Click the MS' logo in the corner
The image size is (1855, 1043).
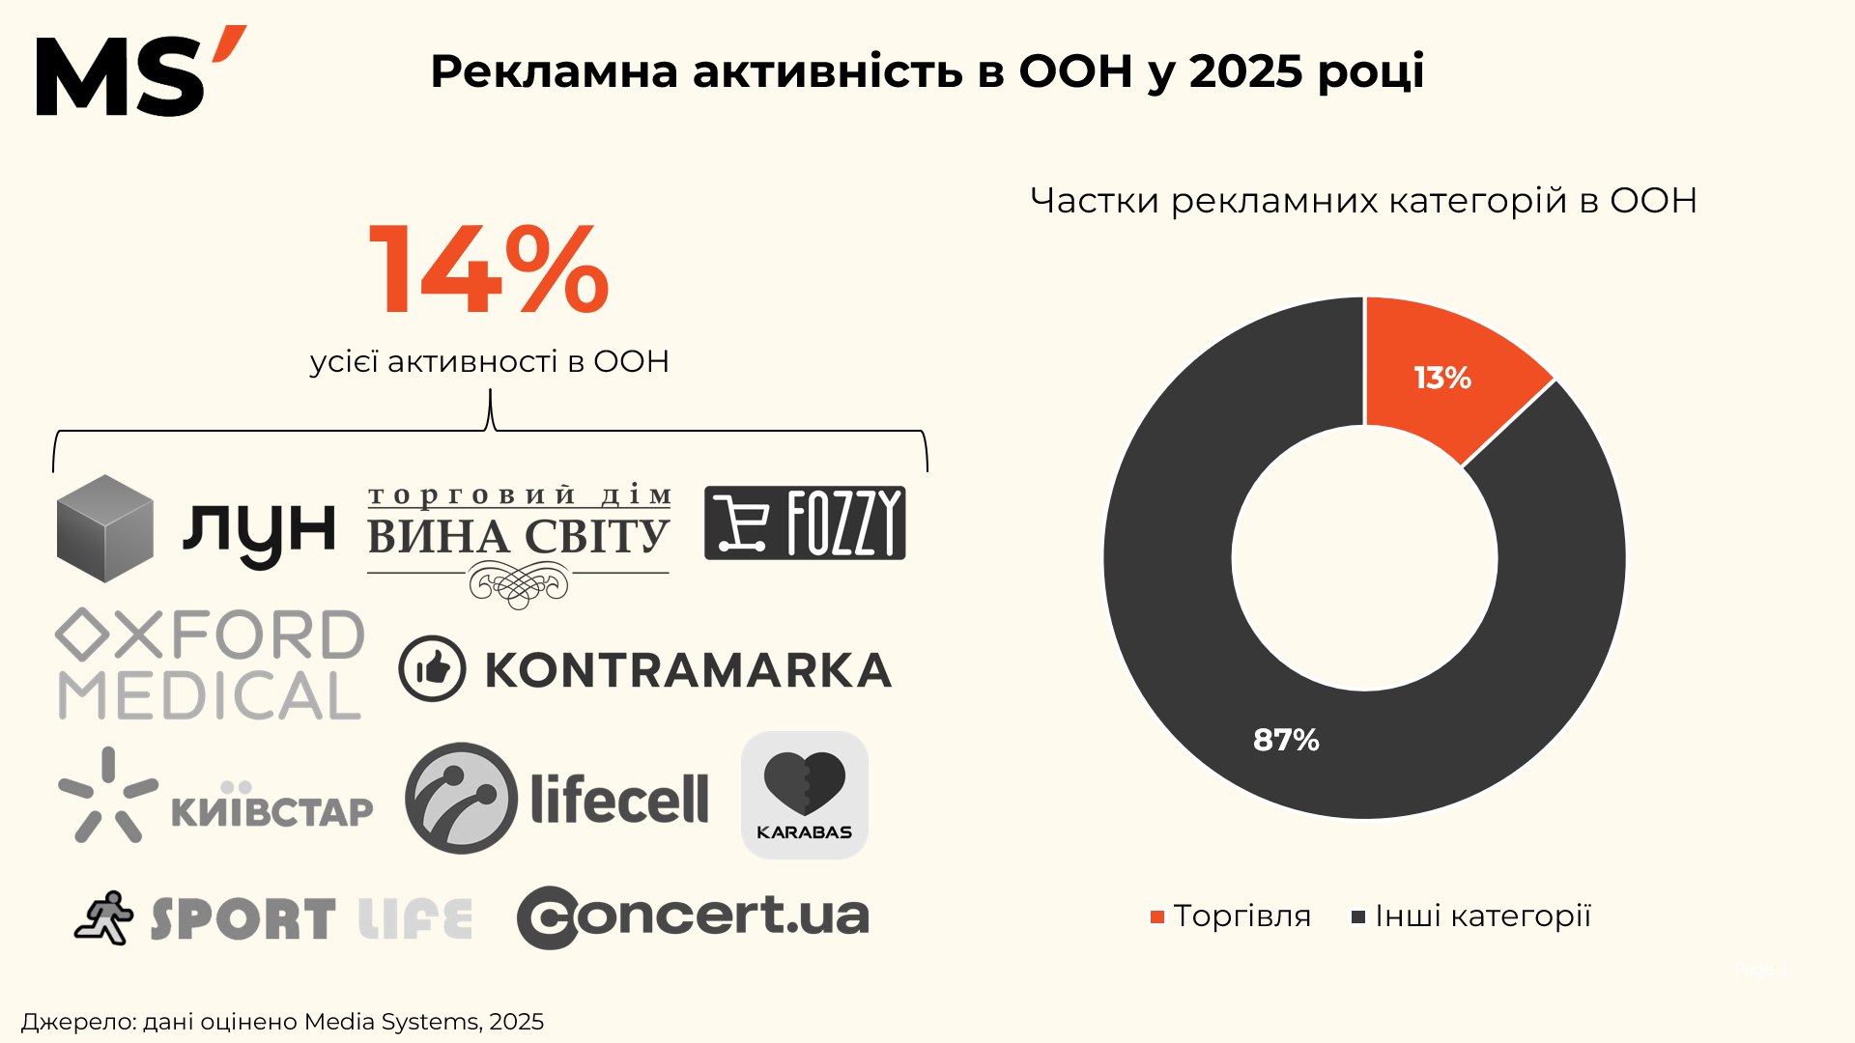click(140, 72)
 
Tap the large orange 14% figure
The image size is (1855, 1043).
click(489, 269)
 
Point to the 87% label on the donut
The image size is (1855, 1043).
click(1286, 740)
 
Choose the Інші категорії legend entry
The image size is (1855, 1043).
click(1470, 916)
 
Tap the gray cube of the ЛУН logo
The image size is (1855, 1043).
click(104, 528)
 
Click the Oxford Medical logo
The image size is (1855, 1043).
click(211, 664)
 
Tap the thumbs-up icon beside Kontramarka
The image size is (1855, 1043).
click(432, 668)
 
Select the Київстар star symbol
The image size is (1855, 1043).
click(107, 794)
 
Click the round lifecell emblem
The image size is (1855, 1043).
click(461, 798)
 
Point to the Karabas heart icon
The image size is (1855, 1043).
click(804, 784)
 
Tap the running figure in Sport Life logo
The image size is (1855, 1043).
click(104, 916)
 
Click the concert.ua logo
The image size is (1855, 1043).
click(693, 916)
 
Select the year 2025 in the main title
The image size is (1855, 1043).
click(1244, 71)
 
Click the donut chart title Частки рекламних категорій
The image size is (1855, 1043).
click(1363, 201)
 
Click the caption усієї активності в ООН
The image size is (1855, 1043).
click(489, 361)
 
